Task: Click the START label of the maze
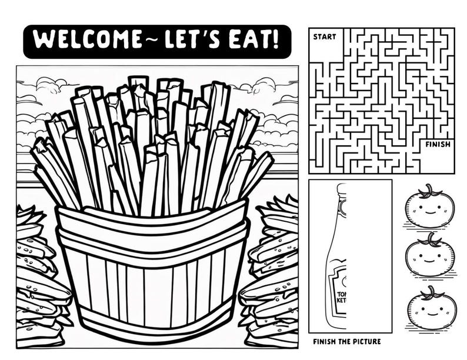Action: (x=325, y=36)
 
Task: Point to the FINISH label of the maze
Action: (x=438, y=144)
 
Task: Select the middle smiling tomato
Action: (x=430, y=257)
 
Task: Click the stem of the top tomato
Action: (x=431, y=189)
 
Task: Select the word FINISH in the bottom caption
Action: (x=325, y=342)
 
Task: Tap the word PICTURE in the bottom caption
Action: (x=365, y=342)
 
